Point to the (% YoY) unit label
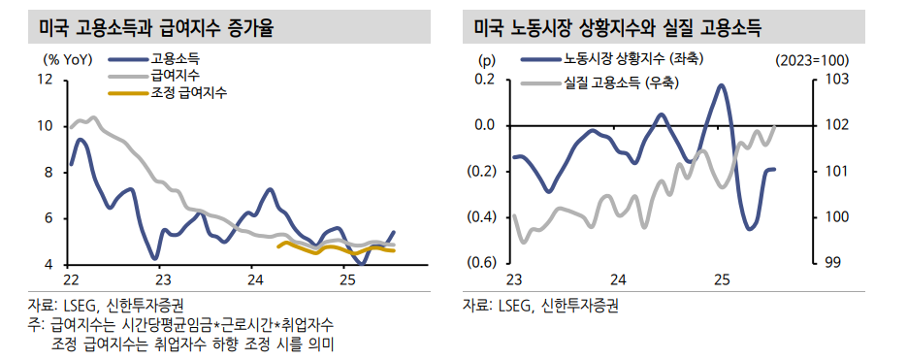(66, 59)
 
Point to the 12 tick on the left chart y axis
(45, 79)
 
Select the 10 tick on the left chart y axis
(45, 125)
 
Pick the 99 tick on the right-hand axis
(831, 263)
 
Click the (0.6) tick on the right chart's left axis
(482, 263)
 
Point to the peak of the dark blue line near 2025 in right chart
(722, 85)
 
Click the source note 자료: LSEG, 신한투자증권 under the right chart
(540, 305)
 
